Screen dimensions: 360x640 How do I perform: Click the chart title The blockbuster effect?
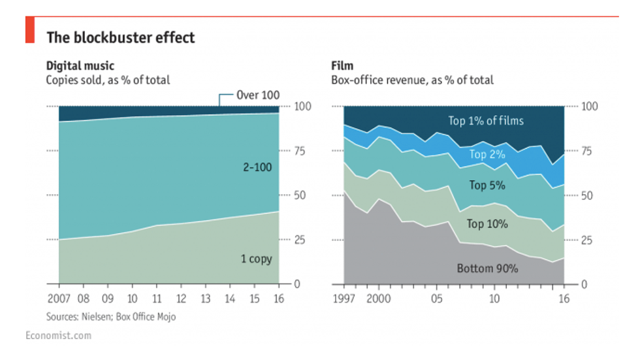tap(120, 38)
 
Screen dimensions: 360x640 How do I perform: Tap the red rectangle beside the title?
tap(29, 31)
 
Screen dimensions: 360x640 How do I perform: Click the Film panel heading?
tap(342, 66)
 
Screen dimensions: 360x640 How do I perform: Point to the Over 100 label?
tap(257, 95)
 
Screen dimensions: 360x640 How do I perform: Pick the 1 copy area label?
tap(256, 259)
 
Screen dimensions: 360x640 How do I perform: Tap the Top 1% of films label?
tap(485, 121)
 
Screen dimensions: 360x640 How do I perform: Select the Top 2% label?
tap(487, 155)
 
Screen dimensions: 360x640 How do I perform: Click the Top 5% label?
tap(487, 186)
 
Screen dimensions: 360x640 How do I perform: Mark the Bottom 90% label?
tap(487, 269)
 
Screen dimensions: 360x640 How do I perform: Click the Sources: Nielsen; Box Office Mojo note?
tap(110, 317)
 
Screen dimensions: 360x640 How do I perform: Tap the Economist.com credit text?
tap(58, 336)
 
